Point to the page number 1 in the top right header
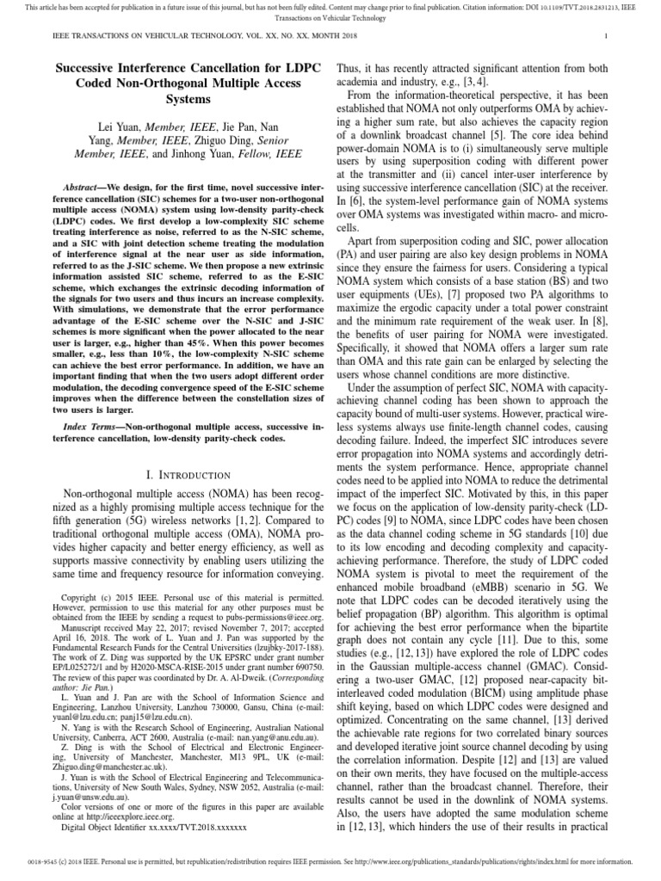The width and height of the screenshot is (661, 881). [607, 36]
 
